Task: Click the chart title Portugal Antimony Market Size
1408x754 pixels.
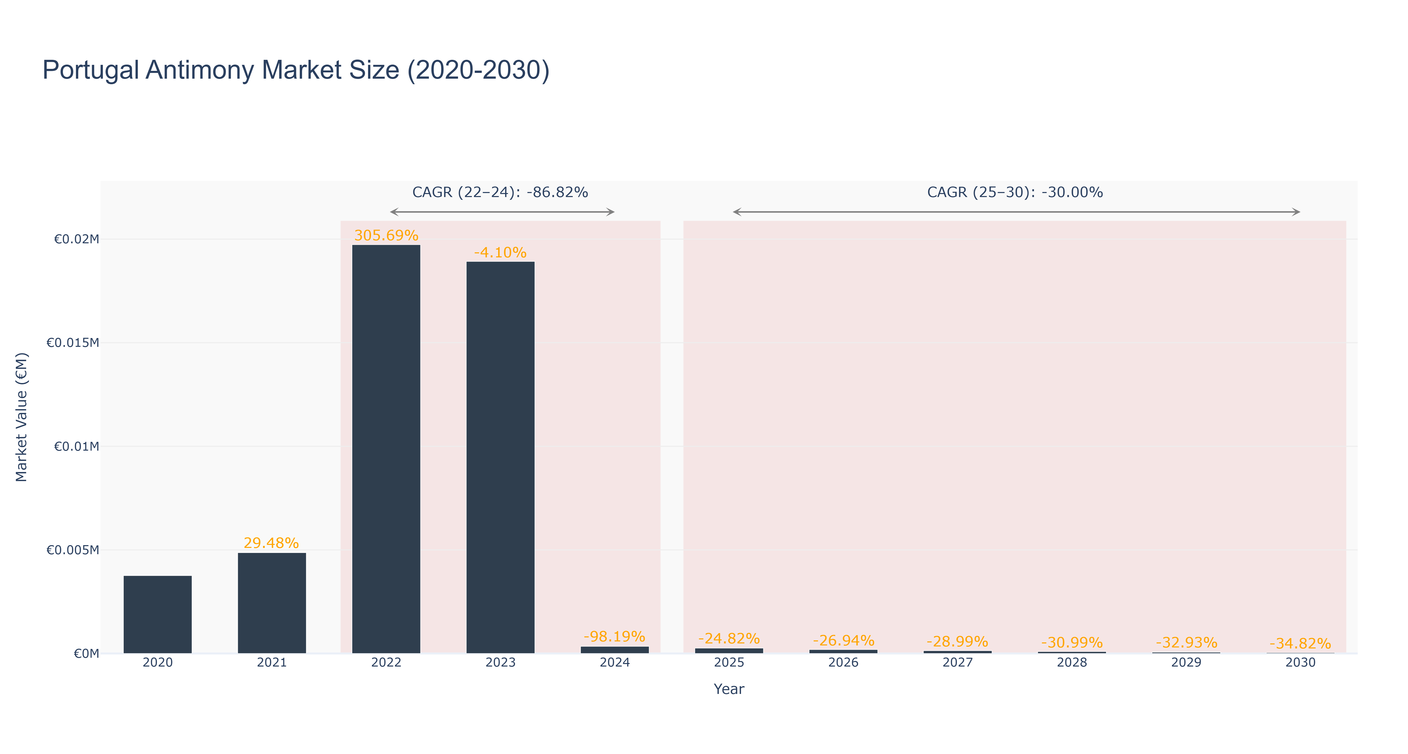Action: tap(296, 70)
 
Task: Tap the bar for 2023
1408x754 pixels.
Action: tap(500, 457)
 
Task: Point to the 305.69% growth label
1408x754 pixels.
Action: tap(386, 235)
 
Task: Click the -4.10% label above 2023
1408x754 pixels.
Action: tap(500, 252)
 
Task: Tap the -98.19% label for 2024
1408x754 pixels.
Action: tap(614, 637)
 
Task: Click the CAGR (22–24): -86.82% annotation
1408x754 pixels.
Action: tap(500, 192)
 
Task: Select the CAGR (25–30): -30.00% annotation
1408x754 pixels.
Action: tap(1015, 192)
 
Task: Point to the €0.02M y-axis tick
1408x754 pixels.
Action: tap(76, 239)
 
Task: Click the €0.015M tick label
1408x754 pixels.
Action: tap(73, 343)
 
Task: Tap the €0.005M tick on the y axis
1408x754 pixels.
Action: tap(73, 550)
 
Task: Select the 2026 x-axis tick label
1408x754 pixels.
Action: tap(843, 662)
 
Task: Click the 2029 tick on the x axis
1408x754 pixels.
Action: tap(1186, 662)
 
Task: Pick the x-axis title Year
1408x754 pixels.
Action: tap(729, 689)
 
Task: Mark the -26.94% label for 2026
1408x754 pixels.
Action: tap(843, 640)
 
